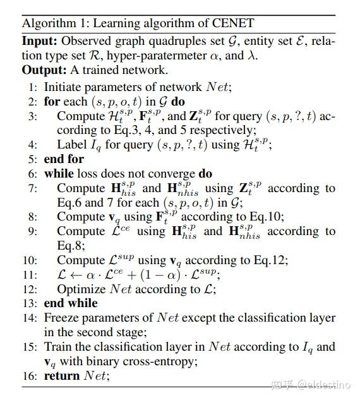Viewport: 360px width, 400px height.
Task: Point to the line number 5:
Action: point(33,159)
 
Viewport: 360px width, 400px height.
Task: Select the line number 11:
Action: point(31,275)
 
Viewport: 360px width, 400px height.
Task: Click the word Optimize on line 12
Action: point(82,289)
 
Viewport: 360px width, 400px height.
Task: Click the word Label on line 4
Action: point(71,145)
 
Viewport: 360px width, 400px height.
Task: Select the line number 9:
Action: point(33,231)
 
